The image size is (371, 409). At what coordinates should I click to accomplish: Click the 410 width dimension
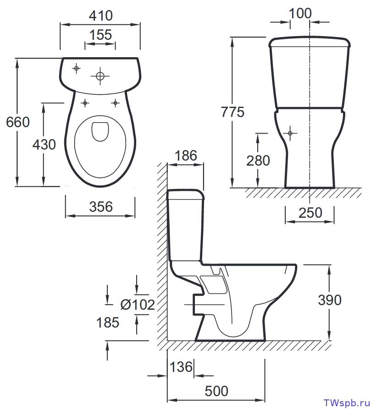[x=100, y=16]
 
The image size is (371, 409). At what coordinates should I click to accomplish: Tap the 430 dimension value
[x=44, y=145]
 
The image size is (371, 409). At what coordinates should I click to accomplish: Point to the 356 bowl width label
[x=100, y=207]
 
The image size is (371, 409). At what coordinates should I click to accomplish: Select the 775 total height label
[x=233, y=112]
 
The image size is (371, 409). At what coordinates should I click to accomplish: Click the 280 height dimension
[x=258, y=161]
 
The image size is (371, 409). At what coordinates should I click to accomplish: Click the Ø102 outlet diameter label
[x=137, y=304]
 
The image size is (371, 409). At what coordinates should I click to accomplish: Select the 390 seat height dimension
[x=330, y=300]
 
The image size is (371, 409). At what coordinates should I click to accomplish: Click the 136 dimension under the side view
[x=182, y=367]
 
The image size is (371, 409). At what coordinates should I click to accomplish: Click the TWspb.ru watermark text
[x=345, y=403]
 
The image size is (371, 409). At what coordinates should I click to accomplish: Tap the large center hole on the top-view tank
[x=100, y=76]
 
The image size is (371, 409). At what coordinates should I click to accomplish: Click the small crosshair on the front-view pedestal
[x=290, y=133]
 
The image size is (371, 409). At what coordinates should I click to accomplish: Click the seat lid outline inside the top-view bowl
[x=100, y=131]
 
